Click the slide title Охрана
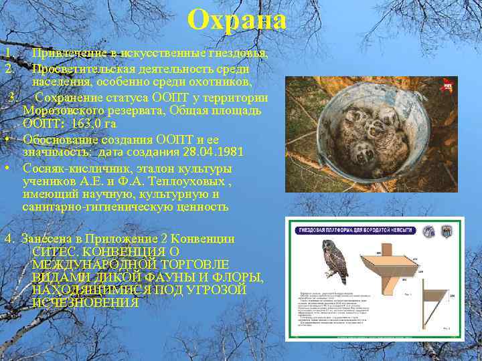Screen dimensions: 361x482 (237, 20)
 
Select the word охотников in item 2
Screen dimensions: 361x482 (221, 82)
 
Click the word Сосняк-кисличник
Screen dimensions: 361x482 (72, 168)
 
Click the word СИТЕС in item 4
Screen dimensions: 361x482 (54, 251)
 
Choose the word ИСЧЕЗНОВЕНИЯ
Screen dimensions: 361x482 (86, 303)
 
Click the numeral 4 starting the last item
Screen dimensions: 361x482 (7, 238)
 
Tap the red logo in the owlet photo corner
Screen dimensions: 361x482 (448, 85)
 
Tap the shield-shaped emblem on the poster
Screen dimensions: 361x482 (447, 231)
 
